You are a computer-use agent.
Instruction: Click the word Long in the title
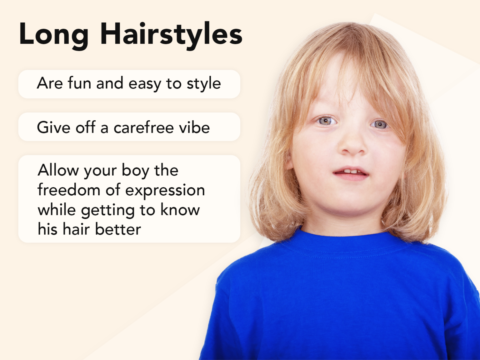point(53,35)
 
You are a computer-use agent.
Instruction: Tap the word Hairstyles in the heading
point(171,35)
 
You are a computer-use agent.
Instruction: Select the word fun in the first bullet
point(79,83)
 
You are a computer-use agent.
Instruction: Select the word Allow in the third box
point(58,171)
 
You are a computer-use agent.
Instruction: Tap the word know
point(180,210)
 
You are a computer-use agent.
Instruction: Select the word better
point(118,229)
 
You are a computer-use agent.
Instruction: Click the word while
point(57,210)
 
